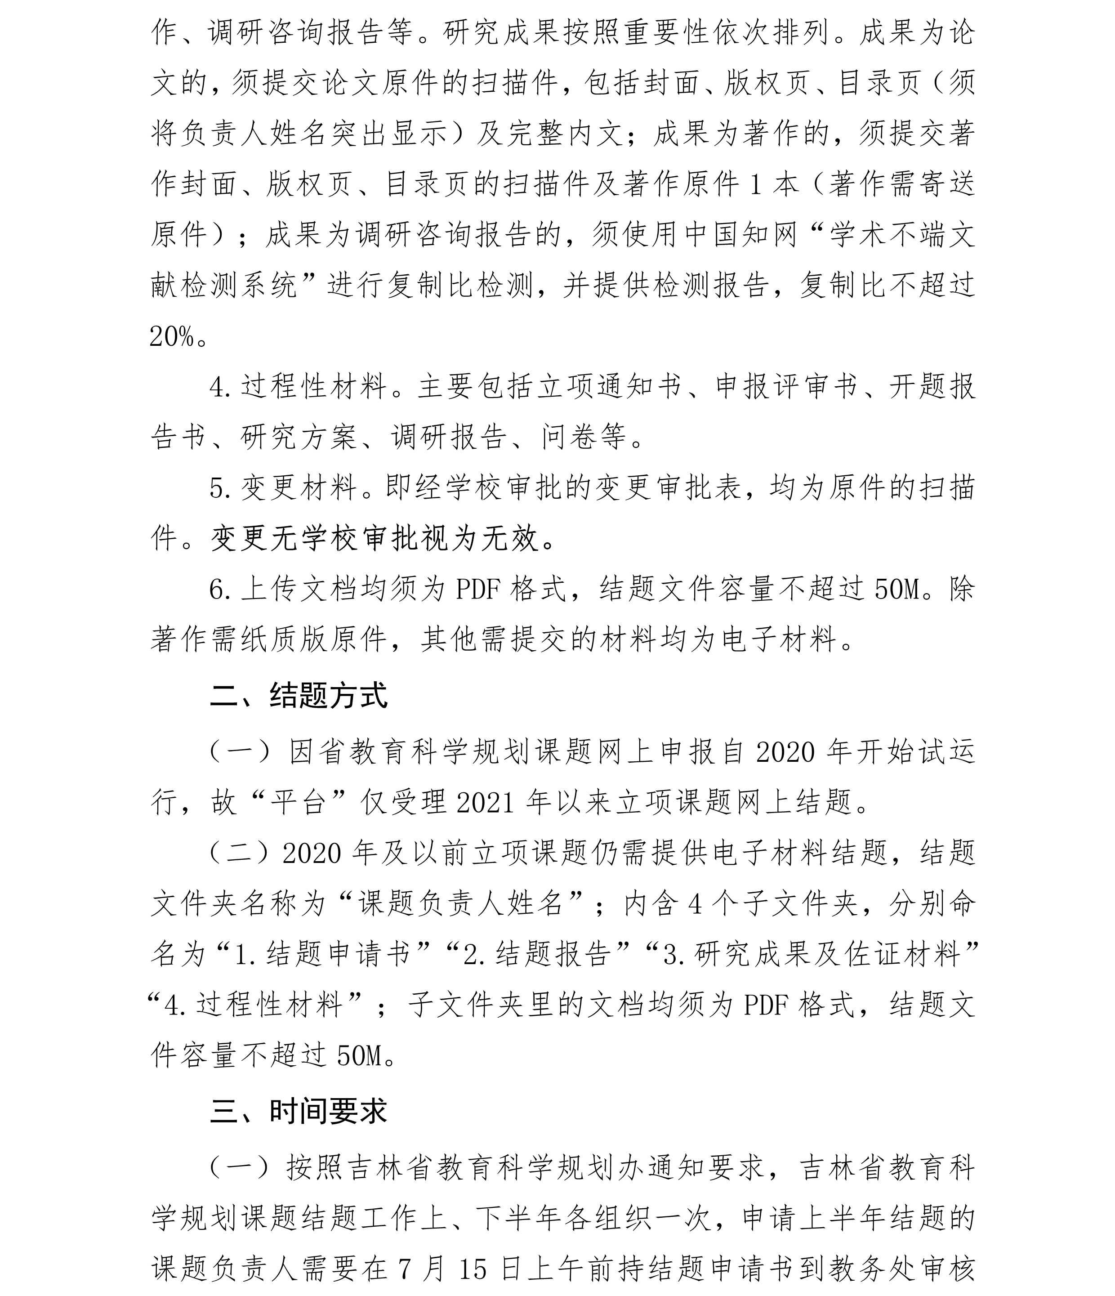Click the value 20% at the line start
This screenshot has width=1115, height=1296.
click(x=172, y=337)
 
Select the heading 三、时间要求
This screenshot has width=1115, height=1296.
click(x=299, y=1111)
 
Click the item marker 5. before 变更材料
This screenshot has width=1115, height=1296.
click(x=220, y=488)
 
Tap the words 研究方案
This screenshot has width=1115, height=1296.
click(x=298, y=437)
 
